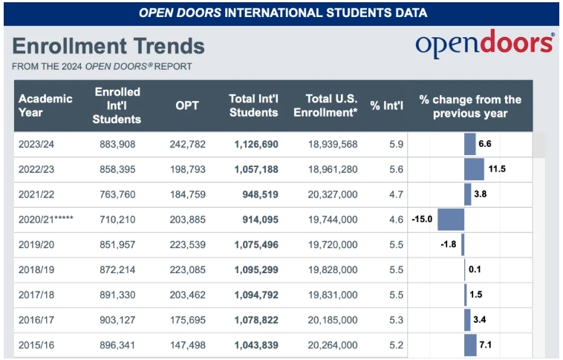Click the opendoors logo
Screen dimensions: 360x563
coord(484,45)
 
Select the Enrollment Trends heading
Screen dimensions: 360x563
coord(108,46)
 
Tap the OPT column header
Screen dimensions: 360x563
coord(187,105)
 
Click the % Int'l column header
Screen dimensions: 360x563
coord(386,105)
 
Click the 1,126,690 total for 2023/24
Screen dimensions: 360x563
coord(256,144)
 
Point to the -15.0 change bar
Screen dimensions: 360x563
coord(450,220)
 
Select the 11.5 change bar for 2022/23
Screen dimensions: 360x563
coord(474,169)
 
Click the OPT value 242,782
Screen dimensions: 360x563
coord(187,144)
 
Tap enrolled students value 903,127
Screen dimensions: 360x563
coord(117,320)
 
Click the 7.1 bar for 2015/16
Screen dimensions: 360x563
coord(470,345)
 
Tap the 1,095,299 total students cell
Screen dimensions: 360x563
coord(256,269)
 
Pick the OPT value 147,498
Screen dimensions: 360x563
coord(187,345)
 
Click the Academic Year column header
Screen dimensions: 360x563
coord(46,105)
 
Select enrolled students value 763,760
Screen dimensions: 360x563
coord(117,194)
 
